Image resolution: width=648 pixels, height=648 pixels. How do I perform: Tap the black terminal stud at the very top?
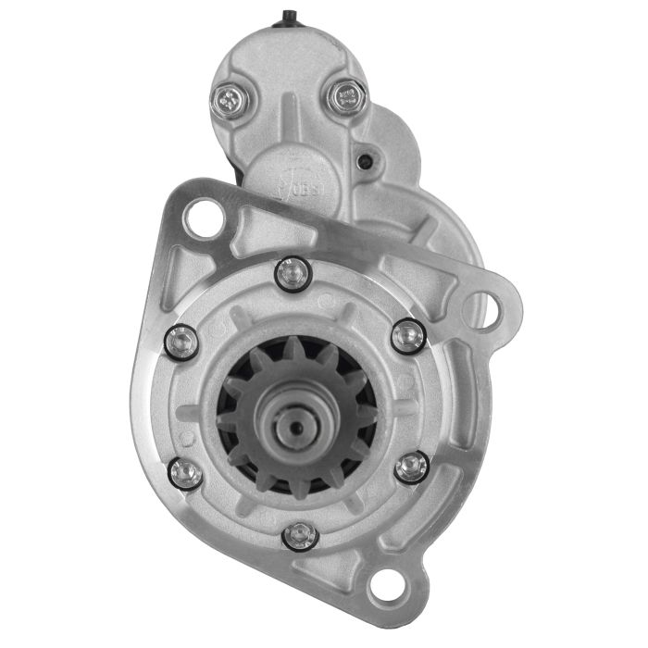coord(289,16)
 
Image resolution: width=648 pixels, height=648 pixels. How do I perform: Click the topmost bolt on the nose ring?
coord(293,272)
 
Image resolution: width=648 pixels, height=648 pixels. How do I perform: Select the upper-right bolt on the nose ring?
coord(407,336)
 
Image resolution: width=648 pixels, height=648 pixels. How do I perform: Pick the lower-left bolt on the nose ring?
coord(187,473)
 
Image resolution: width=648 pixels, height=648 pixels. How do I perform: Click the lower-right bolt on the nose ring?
coord(411,467)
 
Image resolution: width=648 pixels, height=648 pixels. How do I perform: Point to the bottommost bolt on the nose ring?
coord(299,536)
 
